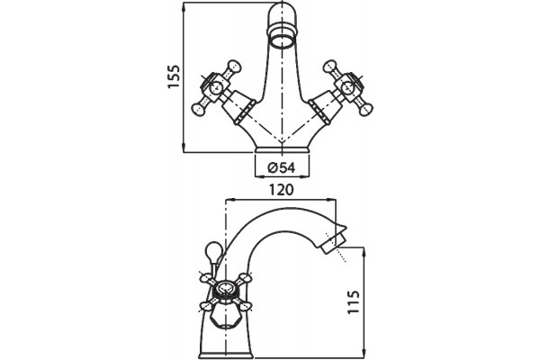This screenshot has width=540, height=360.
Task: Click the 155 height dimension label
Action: click(174, 76)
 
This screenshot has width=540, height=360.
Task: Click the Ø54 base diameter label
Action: click(282, 167)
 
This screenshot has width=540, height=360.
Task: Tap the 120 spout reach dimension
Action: click(282, 190)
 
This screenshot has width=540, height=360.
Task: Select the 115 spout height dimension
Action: click(354, 301)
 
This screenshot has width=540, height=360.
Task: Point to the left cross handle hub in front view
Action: click(216, 88)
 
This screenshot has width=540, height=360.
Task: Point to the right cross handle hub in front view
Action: click(348, 88)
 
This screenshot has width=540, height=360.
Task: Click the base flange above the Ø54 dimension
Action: click(282, 150)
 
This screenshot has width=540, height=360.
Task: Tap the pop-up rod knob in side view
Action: click(211, 250)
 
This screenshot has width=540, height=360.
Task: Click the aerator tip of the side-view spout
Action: click(330, 244)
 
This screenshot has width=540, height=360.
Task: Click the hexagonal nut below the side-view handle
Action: click(225, 314)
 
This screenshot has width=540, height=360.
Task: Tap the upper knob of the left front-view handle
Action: click(233, 66)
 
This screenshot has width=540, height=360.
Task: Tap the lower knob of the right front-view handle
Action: click(365, 110)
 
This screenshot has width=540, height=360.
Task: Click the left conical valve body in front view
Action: click(238, 106)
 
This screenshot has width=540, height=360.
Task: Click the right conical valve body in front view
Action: click(326, 106)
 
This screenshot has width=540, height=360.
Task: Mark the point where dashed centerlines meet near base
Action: click(282, 141)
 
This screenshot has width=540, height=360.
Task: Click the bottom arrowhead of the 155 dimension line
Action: click(184, 148)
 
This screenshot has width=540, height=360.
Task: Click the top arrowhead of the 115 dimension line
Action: click(363, 252)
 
